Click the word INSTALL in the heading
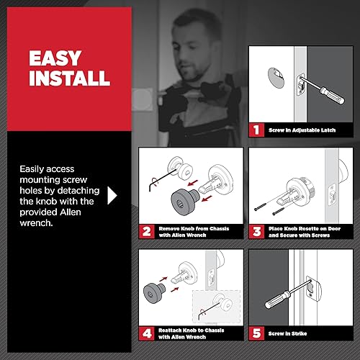click(x=69, y=77)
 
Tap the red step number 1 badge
click(x=256, y=130)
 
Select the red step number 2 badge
click(x=147, y=232)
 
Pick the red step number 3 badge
click(x=256, y=232)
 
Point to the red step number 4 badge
click(x=147, y=333)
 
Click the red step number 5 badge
click(x=256, y=333)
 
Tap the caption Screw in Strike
click(x=288, y=333)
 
